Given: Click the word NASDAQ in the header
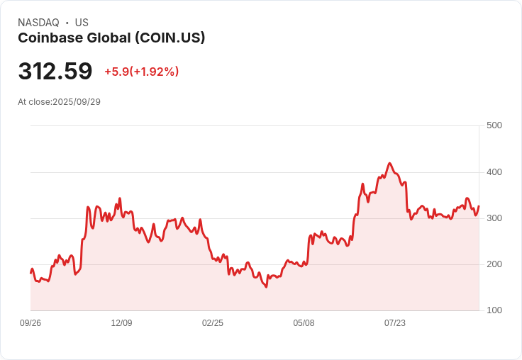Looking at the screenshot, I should point(38,23).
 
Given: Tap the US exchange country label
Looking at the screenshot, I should point(82,23).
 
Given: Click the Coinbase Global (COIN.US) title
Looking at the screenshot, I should point(111,38).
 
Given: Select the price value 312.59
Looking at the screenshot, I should point(55,72).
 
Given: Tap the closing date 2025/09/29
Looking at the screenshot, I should point(77,102).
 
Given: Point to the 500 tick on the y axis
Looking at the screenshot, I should point(494,125).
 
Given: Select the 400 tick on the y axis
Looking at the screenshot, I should point(494,172).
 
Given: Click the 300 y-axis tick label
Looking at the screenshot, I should point(494,218).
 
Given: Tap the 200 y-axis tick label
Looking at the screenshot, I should point(494,264).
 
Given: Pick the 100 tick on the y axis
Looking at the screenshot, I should point(494,310).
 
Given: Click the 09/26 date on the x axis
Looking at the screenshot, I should point(30,323).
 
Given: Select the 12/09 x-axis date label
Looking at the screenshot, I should point(121,323).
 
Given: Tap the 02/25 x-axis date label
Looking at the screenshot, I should point(213,323).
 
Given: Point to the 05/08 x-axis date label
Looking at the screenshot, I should point(304,323).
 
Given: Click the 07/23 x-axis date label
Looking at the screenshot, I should point(395,323).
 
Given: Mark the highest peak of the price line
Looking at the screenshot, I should point(390,163).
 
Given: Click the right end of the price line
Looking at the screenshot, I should point(479,206).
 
